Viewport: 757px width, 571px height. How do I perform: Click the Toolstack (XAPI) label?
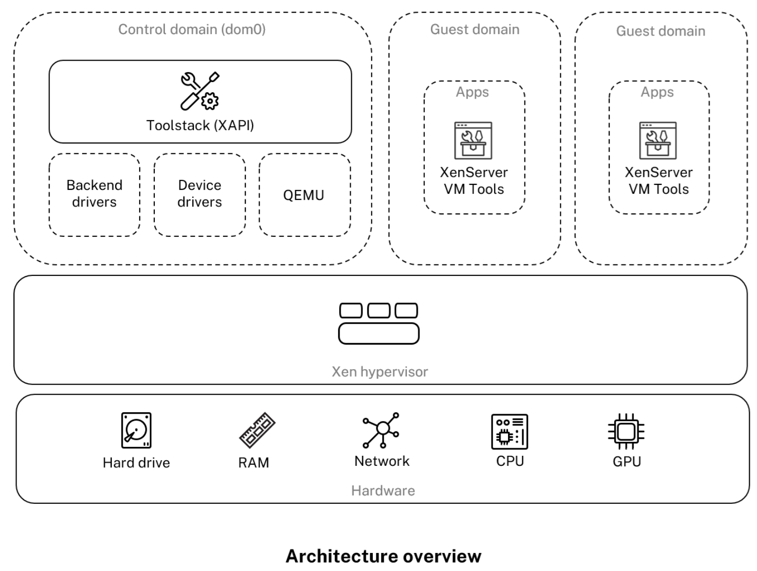pyautogui.click(x=200, y=125)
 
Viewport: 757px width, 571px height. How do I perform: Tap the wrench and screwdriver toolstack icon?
pyautogui.click(x=199, y=91)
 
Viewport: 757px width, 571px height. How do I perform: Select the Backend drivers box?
pyautogui.click(x=94, y=194)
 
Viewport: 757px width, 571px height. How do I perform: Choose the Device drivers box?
pyautogui.click(x=199, y=194)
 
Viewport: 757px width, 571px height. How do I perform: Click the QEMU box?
pyautogui.click(x=304, y=195)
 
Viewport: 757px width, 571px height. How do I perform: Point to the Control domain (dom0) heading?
pyautogui.click(x=192, y=30)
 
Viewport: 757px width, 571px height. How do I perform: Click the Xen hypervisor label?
pyautogui.click(x=380, y=372)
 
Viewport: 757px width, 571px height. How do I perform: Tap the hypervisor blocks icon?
pyautogui.click(x=379, y=323)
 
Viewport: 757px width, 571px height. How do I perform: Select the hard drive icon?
pyautogui.click(x=136, y=430)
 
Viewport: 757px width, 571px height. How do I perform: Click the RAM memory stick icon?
pyautogui.click(x=257, y=430)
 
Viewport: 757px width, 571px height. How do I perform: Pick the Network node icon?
pyautogui.click(x=382, y=430)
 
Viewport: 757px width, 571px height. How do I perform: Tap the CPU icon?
pyautogui.click(x=510, y=431)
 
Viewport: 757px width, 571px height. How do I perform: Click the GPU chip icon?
pyautogui.click(x=626, y=431)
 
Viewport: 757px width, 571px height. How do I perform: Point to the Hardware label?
pyautogui.click(x=383, y=490)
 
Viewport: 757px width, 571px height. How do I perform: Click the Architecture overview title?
pyautogui.click(x=383, y=556)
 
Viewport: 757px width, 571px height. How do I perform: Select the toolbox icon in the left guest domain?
pyautogui.click(x=473, y=141)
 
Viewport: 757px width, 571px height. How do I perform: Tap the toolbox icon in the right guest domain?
pyautogui.click(x=658, y=141)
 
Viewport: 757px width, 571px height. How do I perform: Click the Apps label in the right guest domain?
pyautogui.click(x=657, y=92)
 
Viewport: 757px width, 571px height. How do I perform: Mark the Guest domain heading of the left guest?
pyautogui.click(x=474, y=30)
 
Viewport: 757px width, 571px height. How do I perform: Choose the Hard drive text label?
pyautogui.click(x=136, y=462)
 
